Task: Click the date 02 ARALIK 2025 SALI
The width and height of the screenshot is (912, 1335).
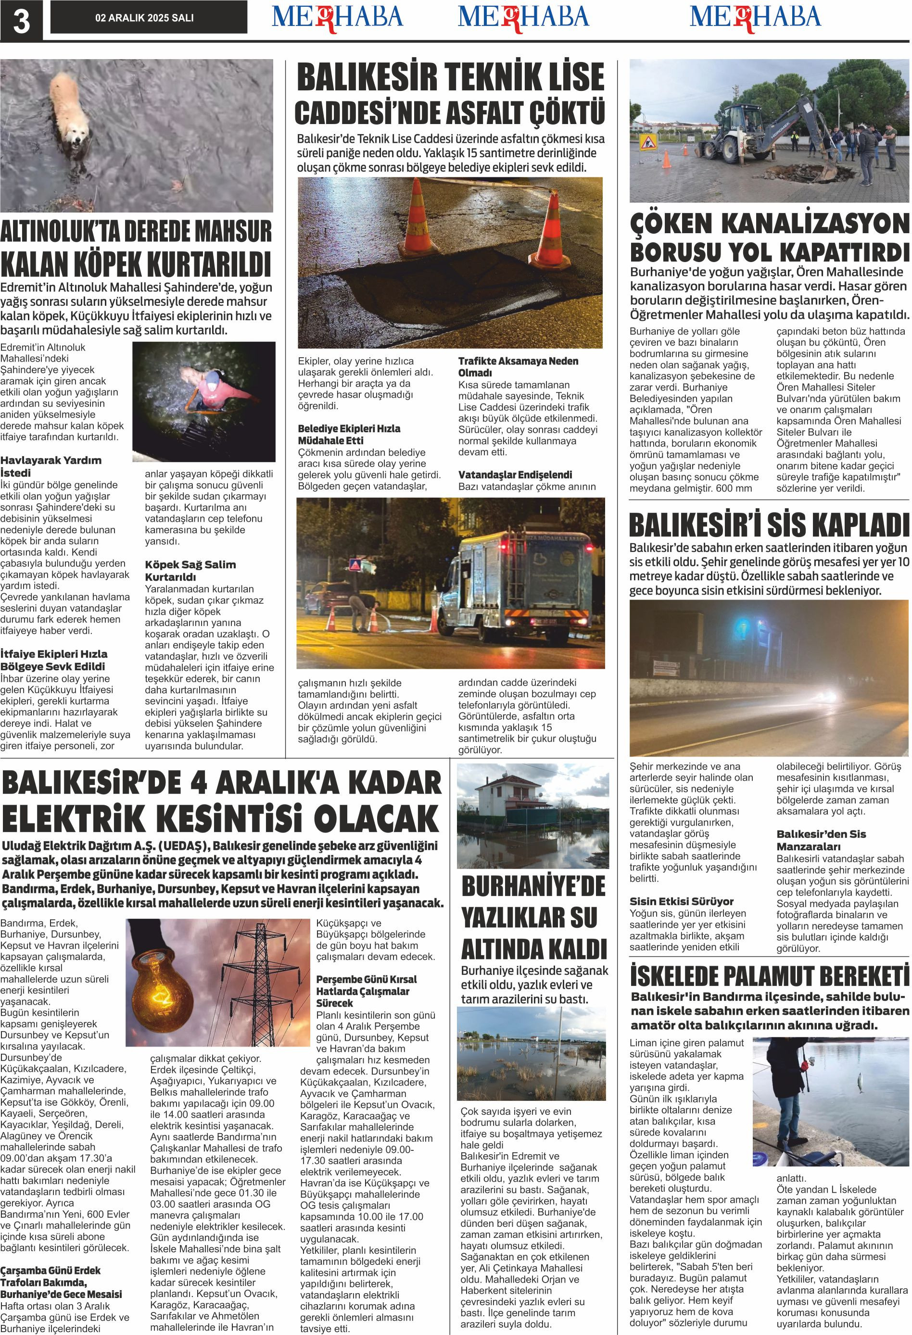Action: (144, 18)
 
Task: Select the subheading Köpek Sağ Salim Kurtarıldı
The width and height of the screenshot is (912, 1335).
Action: (190, 570)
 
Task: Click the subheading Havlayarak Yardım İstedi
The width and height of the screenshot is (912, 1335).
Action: (51, 466)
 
